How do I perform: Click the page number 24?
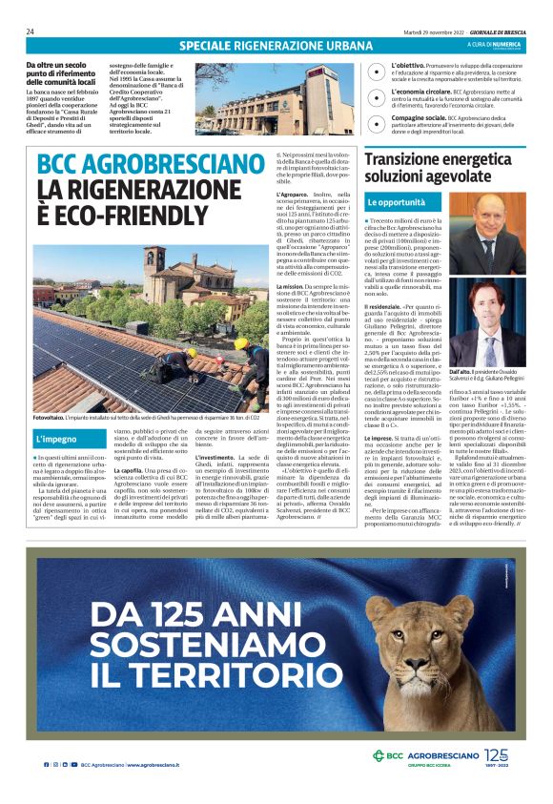31,31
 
